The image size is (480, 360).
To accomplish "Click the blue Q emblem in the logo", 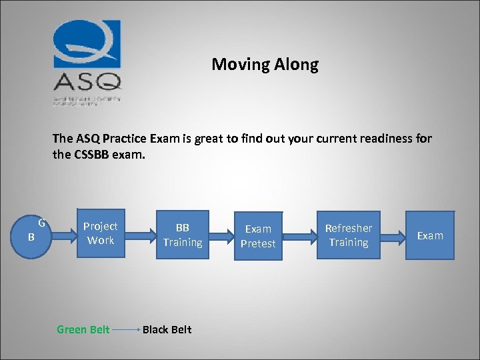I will (x=87, y=45).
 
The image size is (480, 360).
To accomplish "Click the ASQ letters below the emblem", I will (x=87, y=82).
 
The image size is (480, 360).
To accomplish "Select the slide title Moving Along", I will (x=265, y=65).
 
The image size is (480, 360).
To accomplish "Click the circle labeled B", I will (x=31, y=236).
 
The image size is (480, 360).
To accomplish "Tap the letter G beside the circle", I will (x=41, y=222).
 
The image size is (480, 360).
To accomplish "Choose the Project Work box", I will (x=101, y=234).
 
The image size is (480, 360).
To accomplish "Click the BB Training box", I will (x=183, y=235).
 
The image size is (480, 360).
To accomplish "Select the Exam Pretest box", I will (x=258, y=236).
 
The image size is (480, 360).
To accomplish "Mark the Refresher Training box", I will (x=348, y=235).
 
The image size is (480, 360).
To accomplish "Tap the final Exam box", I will (x=430, y=235).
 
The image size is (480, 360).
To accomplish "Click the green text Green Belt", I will (x=83, y=329).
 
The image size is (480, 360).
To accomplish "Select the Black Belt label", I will (x=167, y=329).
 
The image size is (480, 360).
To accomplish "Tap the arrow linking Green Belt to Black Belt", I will (x=126, y=329).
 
